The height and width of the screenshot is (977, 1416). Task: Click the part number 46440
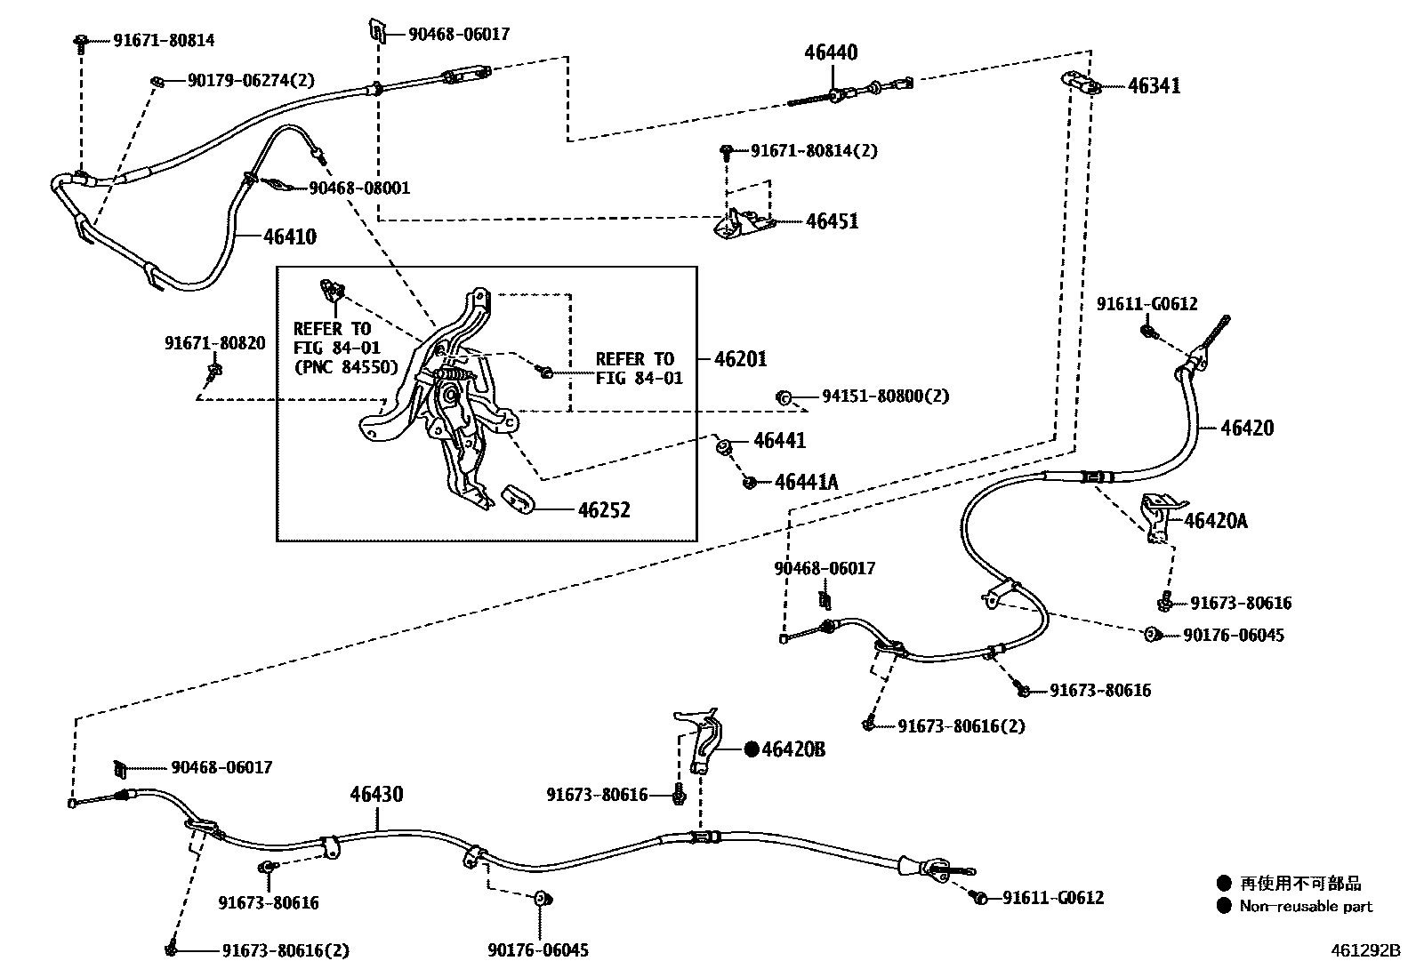831,53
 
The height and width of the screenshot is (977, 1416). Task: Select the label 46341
1155,86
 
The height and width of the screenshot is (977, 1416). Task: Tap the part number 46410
290,237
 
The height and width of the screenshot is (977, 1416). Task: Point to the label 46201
740,359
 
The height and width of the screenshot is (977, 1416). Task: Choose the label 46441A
806,483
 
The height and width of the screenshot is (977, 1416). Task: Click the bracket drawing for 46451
741,222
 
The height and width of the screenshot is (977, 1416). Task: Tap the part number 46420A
1215,521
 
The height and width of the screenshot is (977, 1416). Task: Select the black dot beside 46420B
752,749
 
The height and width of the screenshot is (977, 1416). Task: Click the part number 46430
376,794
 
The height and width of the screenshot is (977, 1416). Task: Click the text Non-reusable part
1306,907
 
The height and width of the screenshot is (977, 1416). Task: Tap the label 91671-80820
214,343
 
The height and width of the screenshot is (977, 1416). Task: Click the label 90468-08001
359,188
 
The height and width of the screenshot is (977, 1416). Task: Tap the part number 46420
1246,428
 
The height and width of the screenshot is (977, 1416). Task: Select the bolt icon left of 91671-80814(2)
727,151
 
